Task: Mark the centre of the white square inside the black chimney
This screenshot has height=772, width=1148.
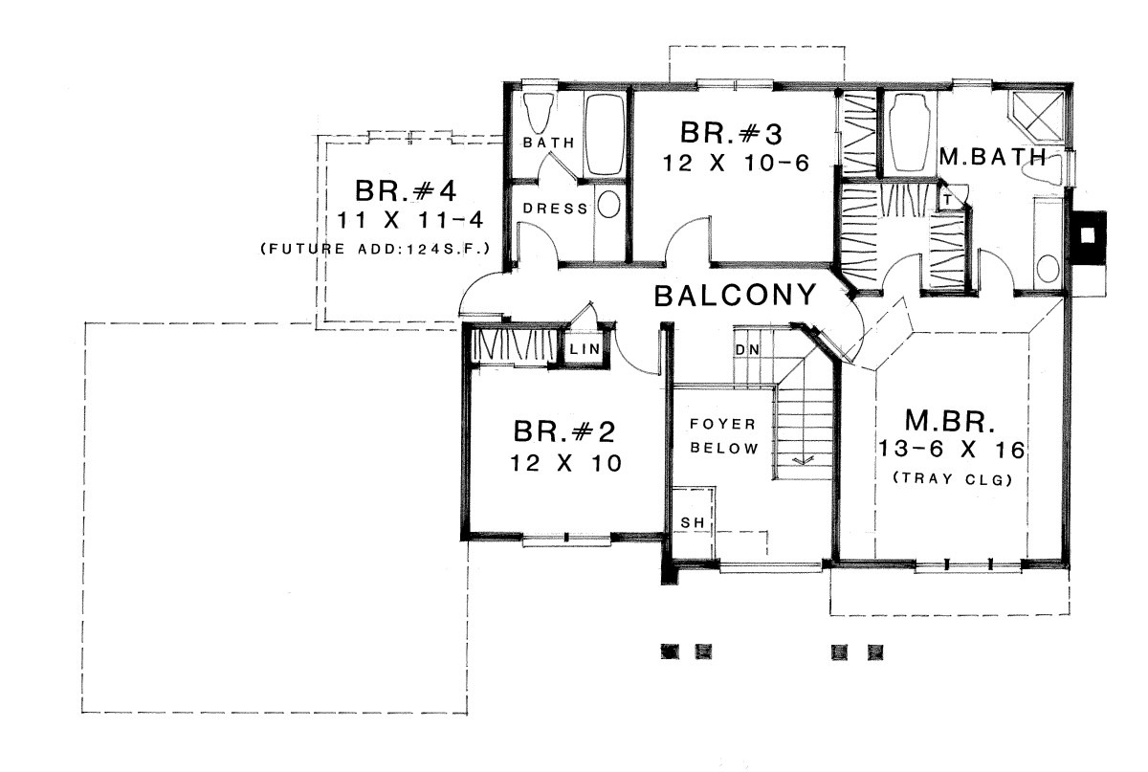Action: pyautogui.click(x=1088, y=235)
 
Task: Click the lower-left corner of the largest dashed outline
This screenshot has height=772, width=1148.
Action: pyautogui.click(x=82, y=713)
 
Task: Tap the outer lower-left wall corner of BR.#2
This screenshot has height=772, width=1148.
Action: pyautogui.click(x=462, y=540)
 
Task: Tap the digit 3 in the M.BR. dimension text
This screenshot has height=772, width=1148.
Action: pyautogui.click(x=899, y=450)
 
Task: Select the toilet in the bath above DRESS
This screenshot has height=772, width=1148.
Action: pyautogui.click(x=538, y=113)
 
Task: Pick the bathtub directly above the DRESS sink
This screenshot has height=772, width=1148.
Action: pyautogui.click(x=605, y=134)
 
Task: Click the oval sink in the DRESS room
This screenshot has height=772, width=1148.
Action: pyautogui.click(x=608, y=204)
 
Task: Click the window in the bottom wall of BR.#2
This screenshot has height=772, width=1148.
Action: pyautogui.click(x=566, y=539)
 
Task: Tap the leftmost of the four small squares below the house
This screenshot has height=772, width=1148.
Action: pyautogui.click(x=670, y=652)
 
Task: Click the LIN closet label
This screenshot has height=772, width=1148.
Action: pyautogui.click(x=585, y=349)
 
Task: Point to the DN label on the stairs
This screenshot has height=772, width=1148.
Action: pyautogui.click(x=747, y=350)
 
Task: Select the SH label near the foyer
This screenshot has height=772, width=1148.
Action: pyautogui.click(x=693, y=523)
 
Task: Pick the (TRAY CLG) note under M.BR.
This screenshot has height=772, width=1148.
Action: pyautogui.click(x=953, y=478)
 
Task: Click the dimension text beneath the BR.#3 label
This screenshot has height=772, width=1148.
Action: pyautogui.click(x=736, y=164)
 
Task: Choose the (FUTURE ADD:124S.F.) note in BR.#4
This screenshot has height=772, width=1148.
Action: pyautogui.click(x=376, y=249)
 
